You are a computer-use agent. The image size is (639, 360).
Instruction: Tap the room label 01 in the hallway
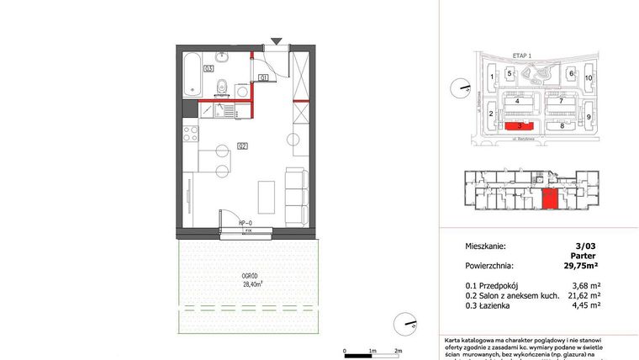coord(262,78)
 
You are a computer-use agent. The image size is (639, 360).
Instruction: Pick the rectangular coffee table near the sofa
coord(265,196)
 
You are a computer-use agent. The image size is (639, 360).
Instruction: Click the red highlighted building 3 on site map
coord(519,125)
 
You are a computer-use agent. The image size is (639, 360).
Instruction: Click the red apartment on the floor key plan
coord(550,200)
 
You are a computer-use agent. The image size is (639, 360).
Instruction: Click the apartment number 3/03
coord(587,246)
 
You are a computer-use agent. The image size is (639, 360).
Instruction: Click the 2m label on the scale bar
coord(399,349)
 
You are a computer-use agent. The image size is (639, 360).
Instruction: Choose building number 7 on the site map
coord(560,100)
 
